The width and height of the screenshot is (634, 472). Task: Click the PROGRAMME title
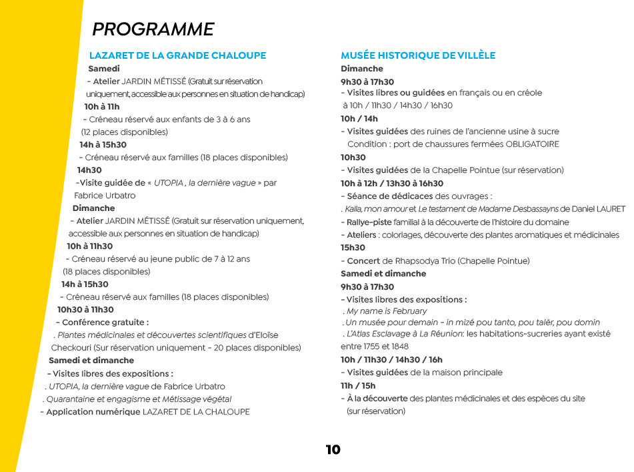[153, 29]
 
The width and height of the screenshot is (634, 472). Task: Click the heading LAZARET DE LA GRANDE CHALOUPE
[177, 55]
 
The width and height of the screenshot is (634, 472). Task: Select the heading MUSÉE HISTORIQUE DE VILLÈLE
[418, 55]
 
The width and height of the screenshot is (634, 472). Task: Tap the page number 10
[333, 449]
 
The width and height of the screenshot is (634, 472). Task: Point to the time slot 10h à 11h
[101, 107]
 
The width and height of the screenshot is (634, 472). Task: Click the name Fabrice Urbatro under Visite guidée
[105, 196]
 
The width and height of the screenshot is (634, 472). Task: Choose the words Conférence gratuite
[105, 322]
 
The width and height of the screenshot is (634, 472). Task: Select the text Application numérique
[93, 412]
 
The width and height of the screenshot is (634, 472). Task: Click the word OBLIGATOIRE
[532, 144]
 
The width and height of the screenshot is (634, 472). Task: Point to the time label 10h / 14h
[359, 119]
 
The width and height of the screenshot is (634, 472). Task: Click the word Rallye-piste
[369, 222]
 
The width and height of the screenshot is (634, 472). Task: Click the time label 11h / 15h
[358, 386]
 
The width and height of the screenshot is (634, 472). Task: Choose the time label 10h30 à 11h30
[85, 310]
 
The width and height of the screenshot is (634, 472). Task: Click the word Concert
[363, 261]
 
